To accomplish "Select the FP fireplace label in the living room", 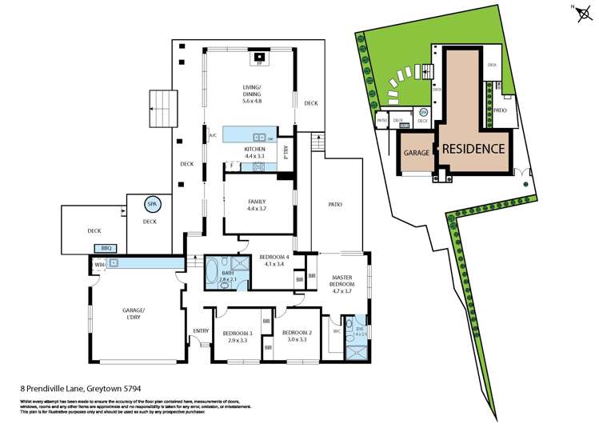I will coord(260,63).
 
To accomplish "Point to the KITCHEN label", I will coord(254,152).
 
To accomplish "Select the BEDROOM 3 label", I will coord(238,336).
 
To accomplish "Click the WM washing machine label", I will coord(99,263).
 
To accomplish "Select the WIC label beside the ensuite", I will coord(337,330).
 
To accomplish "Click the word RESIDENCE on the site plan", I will coord(474,148).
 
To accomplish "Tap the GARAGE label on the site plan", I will coord(417,152).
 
